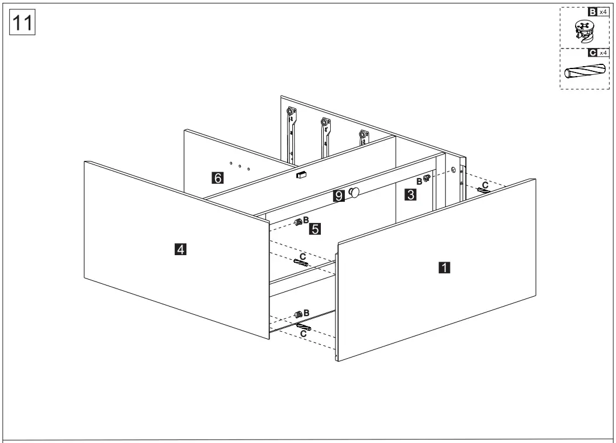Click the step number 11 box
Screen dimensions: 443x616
click(23, 23)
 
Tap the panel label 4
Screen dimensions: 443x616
click(181, 250)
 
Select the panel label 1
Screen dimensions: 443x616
click(444, 267)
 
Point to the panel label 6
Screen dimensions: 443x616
click(217, 178)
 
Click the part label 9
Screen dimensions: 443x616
click(338, 196)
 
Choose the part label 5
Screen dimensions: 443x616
click(315, 229)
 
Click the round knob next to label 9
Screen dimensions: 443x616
click(354, 193)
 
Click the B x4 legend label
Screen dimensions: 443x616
click(597, 12)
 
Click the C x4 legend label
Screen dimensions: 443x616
click(597, 53)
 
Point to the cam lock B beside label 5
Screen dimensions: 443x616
click(299, 222)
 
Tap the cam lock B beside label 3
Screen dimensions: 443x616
click(427, 179)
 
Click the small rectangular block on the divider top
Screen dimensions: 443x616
click(302, 174)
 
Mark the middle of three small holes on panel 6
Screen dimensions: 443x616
click(240, 166)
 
